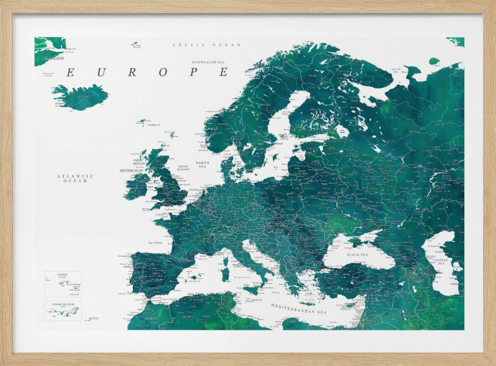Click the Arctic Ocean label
[x=206, y=45]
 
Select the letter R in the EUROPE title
[x=131, y=72]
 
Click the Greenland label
[x=53, y=58]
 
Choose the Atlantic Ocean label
[x=75, y=178]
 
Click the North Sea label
[x=202, y=165]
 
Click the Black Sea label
[x=358, y=254]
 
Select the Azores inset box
[x=63, y=284]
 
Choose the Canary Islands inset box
[x=63, y=310]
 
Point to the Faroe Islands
[x=143, y=122]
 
